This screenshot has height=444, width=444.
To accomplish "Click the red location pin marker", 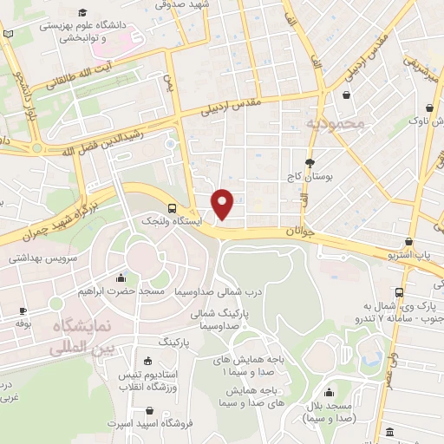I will pyautogui.click(x=224, y=203).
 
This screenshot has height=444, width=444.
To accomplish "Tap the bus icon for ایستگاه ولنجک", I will pyautogui.click(x=172, y=209).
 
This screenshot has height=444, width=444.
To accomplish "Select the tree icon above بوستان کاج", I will pyautogui.click(x=310, y=163).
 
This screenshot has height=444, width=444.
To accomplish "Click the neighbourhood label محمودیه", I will pyautogui.click(x=337, y=124).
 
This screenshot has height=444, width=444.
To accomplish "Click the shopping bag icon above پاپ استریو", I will pyautogui.click(x=408, y=242).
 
